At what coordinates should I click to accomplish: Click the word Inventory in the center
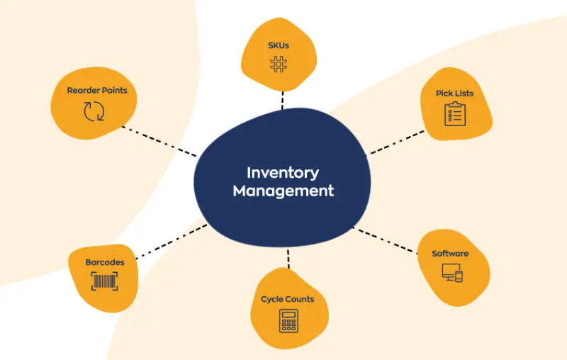point(283,172)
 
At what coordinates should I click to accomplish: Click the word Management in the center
point(283,191)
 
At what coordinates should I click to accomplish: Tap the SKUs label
point(279,46)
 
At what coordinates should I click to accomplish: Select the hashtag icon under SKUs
point(279,64)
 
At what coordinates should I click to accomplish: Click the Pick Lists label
point(455,94)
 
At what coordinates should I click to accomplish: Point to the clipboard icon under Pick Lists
point(454,113)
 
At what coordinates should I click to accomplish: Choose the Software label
point(450,254)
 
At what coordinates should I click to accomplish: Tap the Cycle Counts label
point(287,299)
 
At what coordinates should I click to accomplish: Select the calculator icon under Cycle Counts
point(288,320)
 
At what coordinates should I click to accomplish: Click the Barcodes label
point(105,262)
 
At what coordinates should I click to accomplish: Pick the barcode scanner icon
point(105,282)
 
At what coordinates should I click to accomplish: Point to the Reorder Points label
point(97,91)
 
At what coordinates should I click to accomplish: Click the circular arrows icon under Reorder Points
point(94,111)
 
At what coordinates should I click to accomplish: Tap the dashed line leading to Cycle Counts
point(288,258)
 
